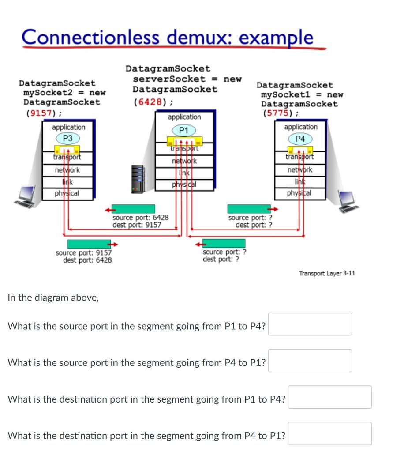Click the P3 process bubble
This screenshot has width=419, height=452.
click(67, 138)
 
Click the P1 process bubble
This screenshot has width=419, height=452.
click(184, 130)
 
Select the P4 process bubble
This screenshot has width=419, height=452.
click(300, 139)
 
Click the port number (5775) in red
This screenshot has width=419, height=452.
click(280, 113)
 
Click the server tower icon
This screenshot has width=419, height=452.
click(138, 179)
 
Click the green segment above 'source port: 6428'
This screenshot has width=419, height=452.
click(134, 209)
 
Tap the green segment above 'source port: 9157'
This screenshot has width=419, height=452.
click(89, 244)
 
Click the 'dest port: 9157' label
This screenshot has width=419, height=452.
click(137, 225)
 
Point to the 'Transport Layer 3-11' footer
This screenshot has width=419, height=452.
click(326, 274)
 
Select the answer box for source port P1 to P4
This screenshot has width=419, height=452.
click(310, 324)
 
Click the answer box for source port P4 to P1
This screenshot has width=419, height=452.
click(310, 361)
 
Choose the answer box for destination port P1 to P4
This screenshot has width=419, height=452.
click(329, 397)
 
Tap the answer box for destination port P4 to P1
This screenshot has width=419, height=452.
click(329, 433)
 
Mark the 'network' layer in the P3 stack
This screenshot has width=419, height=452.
click(67, 170)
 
